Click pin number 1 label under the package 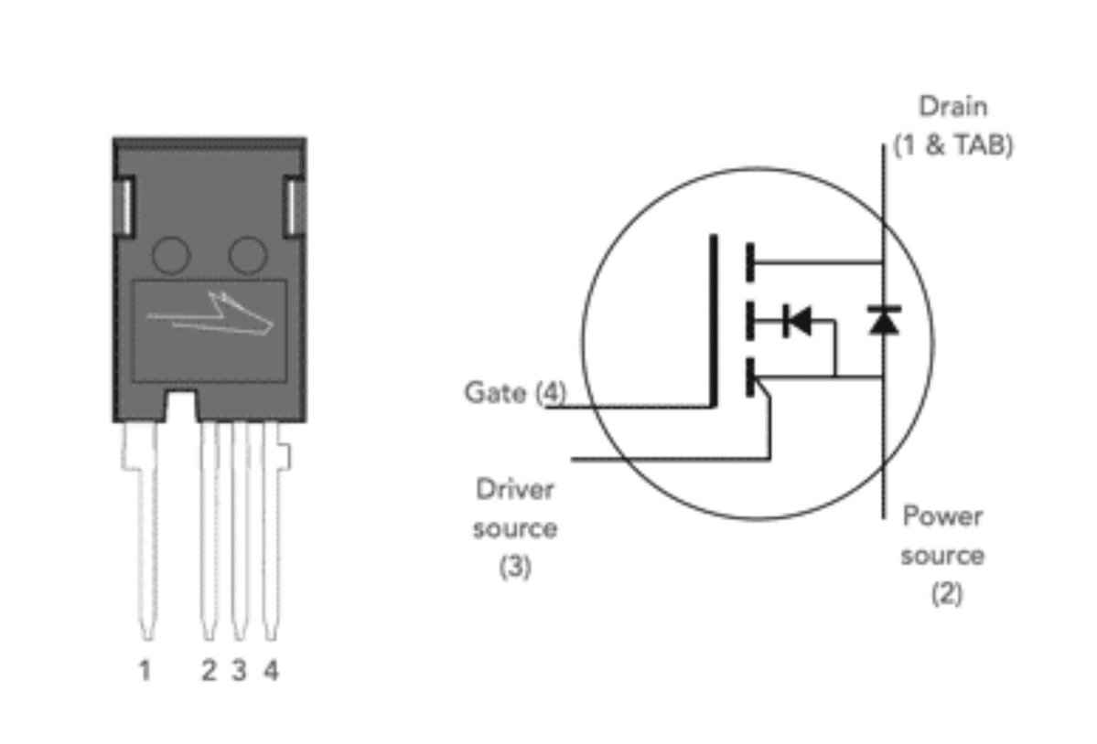(x=145, y=671)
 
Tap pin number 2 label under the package (x=209, y=671)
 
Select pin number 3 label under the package (x=240, y=671)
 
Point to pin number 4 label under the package (x=271, y=671)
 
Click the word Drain (x=952, y=107)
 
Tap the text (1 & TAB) (x=953, y=145)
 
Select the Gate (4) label (x=515, y=393)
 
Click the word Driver (x=515, y=489)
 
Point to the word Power (x=942, y=516)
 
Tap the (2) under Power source (x=947, y=593)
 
